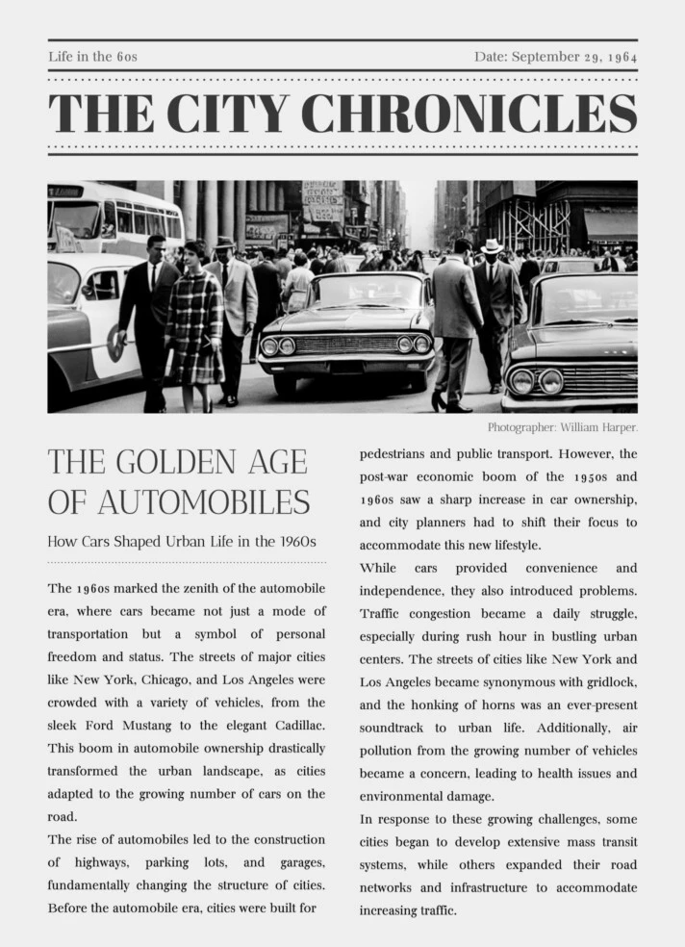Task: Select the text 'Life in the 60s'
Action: click(92, 57)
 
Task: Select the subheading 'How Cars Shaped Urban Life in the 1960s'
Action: click(182, 542)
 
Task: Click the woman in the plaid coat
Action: click(194, 322)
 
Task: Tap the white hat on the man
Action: click(492, 245)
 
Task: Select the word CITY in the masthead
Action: click(231, 114)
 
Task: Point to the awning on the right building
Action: click(610, 224)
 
